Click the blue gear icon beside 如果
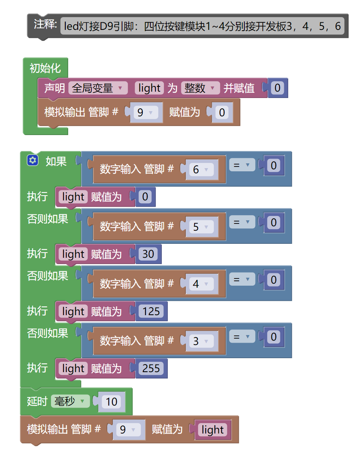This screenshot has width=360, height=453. [x=32, y=161]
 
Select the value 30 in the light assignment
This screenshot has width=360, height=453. [x=148, y=254]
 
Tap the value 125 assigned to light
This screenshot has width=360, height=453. [x=151, y=311]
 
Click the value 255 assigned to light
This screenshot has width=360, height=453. [x=151, y=369]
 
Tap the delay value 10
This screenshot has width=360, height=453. [x=112, y=402]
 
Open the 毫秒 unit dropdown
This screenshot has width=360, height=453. [x=70, y=401]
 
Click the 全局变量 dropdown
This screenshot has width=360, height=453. [x=98, y=88]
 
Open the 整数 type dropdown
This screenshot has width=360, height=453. [x=201, y=88]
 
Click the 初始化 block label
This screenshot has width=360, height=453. [x=45, y=68]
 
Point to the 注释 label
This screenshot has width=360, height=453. [x=45, y=25]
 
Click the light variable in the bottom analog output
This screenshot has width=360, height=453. [x=212, y=429]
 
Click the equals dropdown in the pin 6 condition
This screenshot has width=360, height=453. [x=242, y=165]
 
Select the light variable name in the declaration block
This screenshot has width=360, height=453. [x=150, y=88]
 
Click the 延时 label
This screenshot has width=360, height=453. [x=37, y=401]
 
